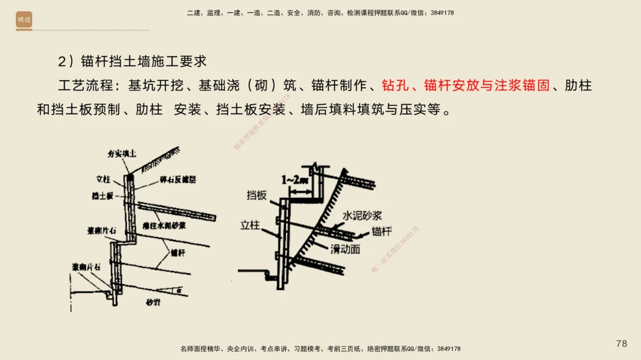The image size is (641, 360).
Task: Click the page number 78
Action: click(621, 344)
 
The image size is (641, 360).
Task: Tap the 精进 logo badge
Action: click(24, 20)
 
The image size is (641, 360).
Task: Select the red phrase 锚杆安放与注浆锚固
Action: click(487, 85)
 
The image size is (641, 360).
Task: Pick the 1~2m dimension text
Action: click(294, 181)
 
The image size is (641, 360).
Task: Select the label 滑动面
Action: click(345, 248)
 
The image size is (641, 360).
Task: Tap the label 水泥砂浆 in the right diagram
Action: click(363, 216)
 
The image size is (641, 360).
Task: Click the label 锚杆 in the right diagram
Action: click(381, 231)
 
